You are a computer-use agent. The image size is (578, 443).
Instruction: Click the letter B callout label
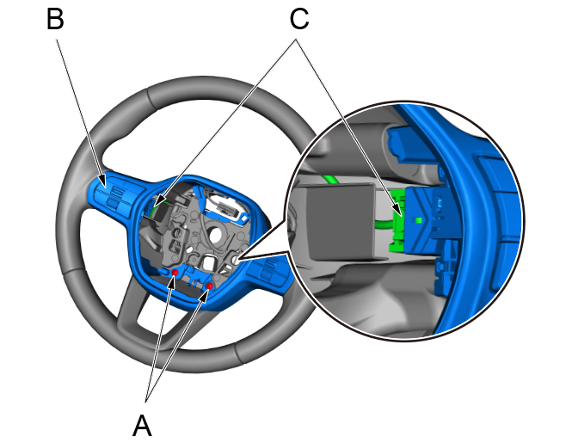coord(56,19)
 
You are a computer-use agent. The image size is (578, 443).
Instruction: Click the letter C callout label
coord(298,19)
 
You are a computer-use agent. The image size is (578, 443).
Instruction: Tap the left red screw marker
coord(175,273)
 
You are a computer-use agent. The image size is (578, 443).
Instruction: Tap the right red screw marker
coord(209,286)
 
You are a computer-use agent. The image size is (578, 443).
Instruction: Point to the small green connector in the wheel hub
coord(157,206)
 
